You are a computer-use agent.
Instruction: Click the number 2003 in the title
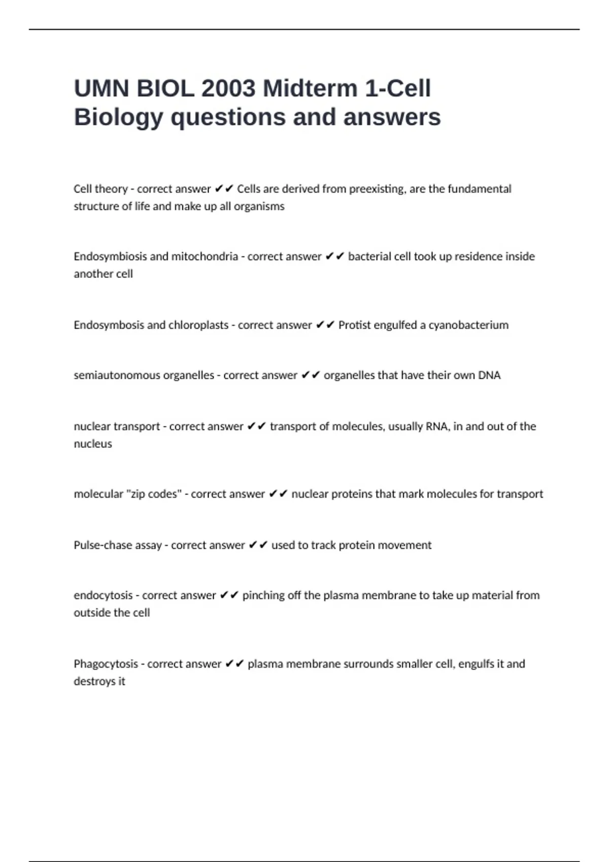click(x=228, y=89)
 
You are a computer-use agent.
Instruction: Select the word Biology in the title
click(x=119, y=117)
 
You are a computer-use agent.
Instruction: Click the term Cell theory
click(x=100, y=189)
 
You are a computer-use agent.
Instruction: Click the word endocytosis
click(x=103, y=595)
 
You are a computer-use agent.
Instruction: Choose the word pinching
click(x=263, y=595)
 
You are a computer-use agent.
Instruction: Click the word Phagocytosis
click(x=106, y=664)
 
